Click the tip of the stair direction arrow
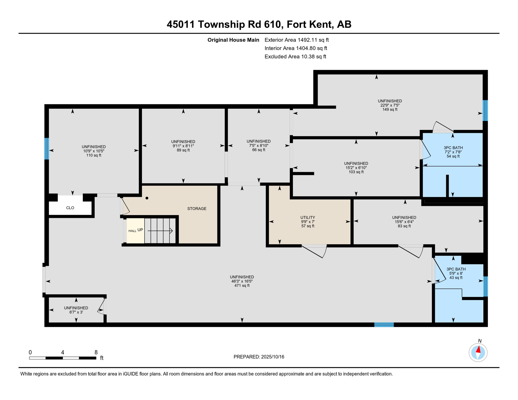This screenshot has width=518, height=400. [x=173, y=231]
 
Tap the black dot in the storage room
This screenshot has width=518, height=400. [x=147, y=198]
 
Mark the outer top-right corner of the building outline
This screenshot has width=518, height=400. [x=488, y=70]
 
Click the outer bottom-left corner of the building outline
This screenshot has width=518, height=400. [x=45, y=327]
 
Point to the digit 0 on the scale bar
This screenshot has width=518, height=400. [x=30, y=352]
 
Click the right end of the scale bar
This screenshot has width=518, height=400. [x=96, y=358]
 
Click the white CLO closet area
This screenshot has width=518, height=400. [x=70, y=208]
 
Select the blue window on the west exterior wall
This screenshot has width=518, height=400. [x=47, y=149]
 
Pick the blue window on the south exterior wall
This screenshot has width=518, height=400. [x=384, y=324]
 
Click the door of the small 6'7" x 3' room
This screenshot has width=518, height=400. [x=102, y=307]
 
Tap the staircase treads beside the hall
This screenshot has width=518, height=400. [x=160, y=231]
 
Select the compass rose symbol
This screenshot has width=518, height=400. [x=478, y=353]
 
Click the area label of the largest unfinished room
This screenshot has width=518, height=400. [x=242, y=285]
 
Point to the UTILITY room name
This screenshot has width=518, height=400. [x=308, y=217]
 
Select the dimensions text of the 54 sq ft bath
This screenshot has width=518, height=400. [x=453, y=152]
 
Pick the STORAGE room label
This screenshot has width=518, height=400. [x=197, y=209]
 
